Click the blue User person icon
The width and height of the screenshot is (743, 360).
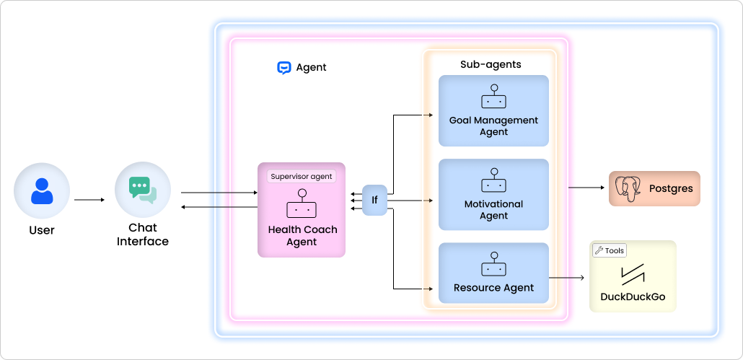tap(42, 190)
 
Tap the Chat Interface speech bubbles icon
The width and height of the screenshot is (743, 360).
tap(142, 189)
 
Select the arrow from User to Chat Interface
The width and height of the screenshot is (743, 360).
tap(89, 200)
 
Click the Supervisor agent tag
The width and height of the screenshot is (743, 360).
tap(302, 176)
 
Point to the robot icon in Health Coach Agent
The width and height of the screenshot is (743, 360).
tap(302, 205)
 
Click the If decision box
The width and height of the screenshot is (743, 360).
tap(374, 200)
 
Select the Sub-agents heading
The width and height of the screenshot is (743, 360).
tap(491, 64)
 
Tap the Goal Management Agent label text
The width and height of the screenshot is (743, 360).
tap(493, 126)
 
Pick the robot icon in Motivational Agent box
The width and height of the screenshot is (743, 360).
tap(493, 181)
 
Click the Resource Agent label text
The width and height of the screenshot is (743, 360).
tap(493, 288)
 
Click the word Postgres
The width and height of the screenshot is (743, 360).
tap(670, 189)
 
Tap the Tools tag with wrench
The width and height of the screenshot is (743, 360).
tap(610, 250)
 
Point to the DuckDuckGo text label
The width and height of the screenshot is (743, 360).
tap(633, 297)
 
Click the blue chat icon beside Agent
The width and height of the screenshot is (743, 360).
tap(283, 68)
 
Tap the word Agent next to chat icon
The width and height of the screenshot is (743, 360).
tap(311, 68)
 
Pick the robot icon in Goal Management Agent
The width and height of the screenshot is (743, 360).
tap(493, 97)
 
